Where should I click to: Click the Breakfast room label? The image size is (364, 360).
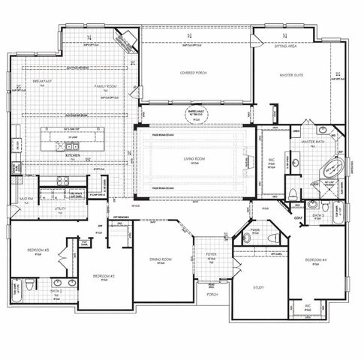pos(42,81)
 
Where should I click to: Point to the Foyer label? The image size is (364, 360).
pos(212,254)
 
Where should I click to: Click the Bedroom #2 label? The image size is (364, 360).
pos(103,276)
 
